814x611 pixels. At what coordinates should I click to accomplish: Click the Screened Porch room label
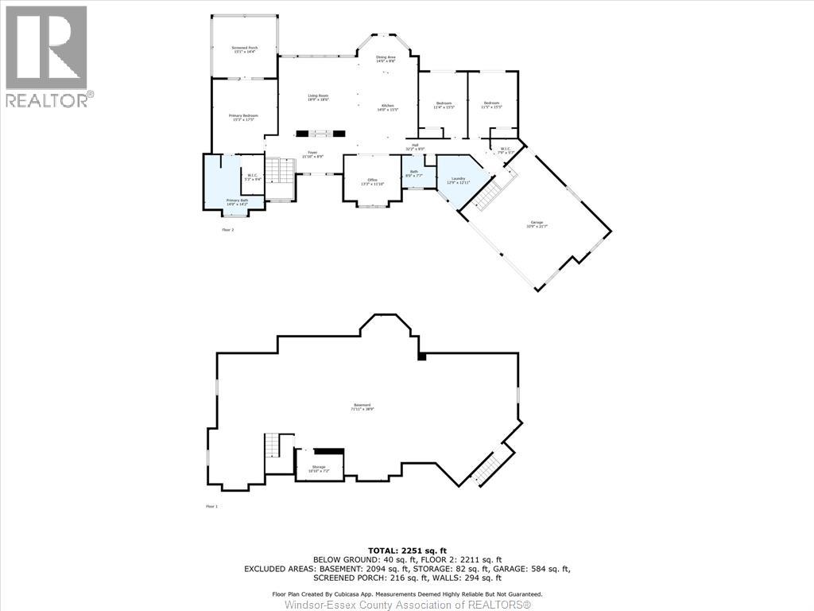244,50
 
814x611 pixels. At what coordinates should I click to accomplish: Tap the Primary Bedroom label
244,119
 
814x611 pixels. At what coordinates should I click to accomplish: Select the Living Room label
318,98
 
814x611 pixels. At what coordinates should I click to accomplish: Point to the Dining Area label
386,59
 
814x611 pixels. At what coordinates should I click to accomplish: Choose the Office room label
372,182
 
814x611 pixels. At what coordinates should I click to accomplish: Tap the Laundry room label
458,181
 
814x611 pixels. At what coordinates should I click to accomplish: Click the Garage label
537,224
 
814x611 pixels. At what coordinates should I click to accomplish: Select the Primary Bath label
237,202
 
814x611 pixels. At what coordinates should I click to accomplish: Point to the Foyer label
313,154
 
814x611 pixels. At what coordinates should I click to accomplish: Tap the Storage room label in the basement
318,469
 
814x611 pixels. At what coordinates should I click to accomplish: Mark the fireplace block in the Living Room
321,134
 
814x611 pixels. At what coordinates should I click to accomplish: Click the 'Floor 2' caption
228,230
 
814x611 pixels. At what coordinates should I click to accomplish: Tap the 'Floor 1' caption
211,506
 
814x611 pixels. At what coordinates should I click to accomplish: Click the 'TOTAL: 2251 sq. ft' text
407,551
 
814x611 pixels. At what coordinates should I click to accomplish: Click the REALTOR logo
48,56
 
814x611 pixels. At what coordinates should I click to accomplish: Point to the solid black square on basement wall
422,356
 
